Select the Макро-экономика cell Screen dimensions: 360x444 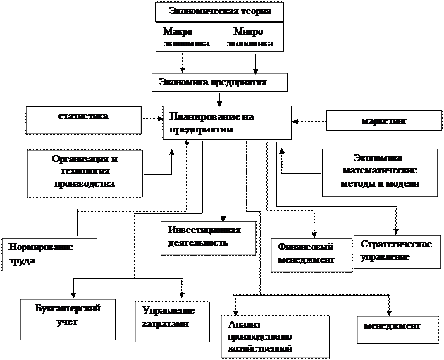click(x=185, y=37)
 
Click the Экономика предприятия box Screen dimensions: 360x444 click(x=219, y=82)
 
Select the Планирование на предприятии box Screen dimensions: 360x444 click(x=227, y=123)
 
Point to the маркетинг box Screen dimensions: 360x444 click(x=384, y=120)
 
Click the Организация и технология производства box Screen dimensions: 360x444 click(x=85, y=173)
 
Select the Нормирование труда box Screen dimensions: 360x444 click(x=49, y=254)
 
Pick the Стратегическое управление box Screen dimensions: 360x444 click(x=397, y=252)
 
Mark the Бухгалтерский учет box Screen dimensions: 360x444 click(x=69, y=315)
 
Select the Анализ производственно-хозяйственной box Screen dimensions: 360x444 click(x=275, y=335)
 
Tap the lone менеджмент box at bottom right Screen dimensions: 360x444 click(x=393, y=328)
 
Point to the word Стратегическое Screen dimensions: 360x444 click(x=395, y=244)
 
